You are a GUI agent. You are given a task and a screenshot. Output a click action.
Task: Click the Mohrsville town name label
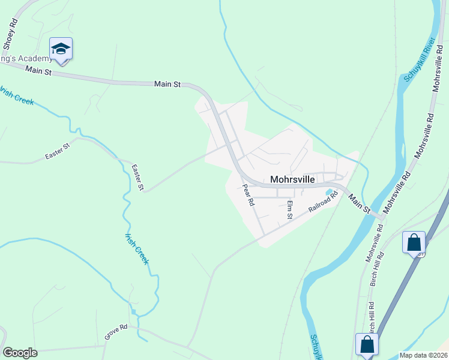pos(294,179)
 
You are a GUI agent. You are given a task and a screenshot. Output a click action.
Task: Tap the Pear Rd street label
pos(248,195)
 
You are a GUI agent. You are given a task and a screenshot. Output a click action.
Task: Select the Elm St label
pos(289,209)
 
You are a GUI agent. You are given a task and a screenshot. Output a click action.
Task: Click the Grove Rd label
pos(116,332)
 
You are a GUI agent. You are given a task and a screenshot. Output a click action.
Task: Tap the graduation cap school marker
pos(61,49)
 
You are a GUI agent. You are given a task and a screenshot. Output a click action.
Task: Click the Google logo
pos(20,353)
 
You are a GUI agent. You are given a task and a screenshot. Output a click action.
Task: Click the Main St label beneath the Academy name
pos(40,71)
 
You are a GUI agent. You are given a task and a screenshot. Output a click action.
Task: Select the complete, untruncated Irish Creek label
pos(137,248)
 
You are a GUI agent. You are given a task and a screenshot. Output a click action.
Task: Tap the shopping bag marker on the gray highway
pos(414,243)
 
